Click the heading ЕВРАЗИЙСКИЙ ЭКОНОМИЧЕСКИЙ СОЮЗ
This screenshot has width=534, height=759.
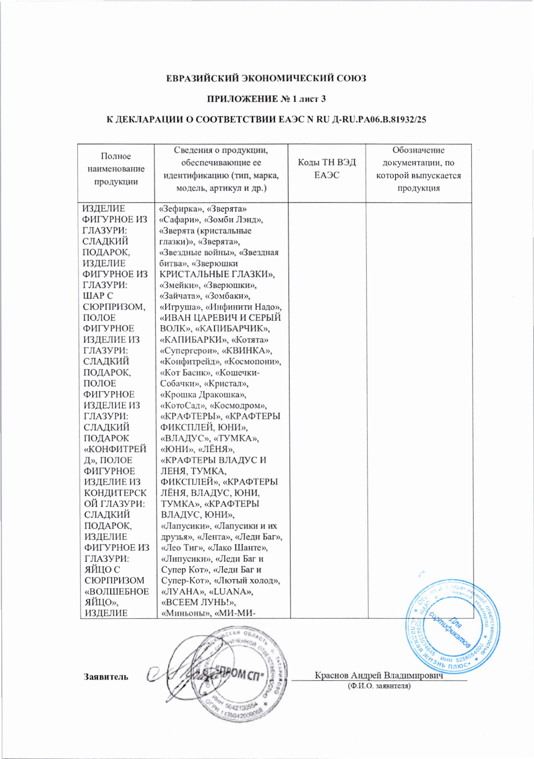point(267,78)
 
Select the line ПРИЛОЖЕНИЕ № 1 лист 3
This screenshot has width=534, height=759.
point(267,99)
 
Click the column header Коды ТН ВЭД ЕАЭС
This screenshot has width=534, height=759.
point(327,169)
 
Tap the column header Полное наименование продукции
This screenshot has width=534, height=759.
point(116,169)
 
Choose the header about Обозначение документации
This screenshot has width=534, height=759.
point(418,169)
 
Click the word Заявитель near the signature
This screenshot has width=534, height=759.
point(106,677)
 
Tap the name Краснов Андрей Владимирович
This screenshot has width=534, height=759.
point(379,675)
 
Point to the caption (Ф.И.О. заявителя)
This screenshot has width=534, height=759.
point(379,685)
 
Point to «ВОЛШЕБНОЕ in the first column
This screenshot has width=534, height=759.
point(117,591)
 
